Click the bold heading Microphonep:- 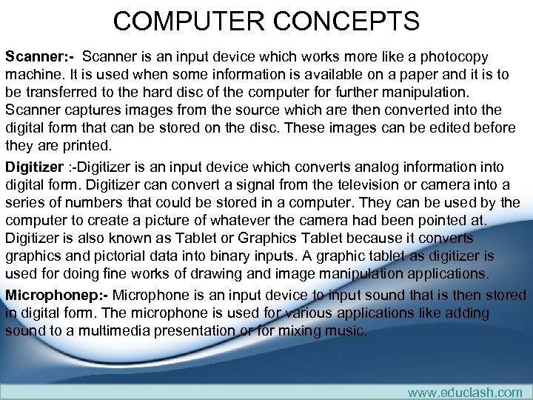point(57,295)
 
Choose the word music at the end point(346,330)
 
